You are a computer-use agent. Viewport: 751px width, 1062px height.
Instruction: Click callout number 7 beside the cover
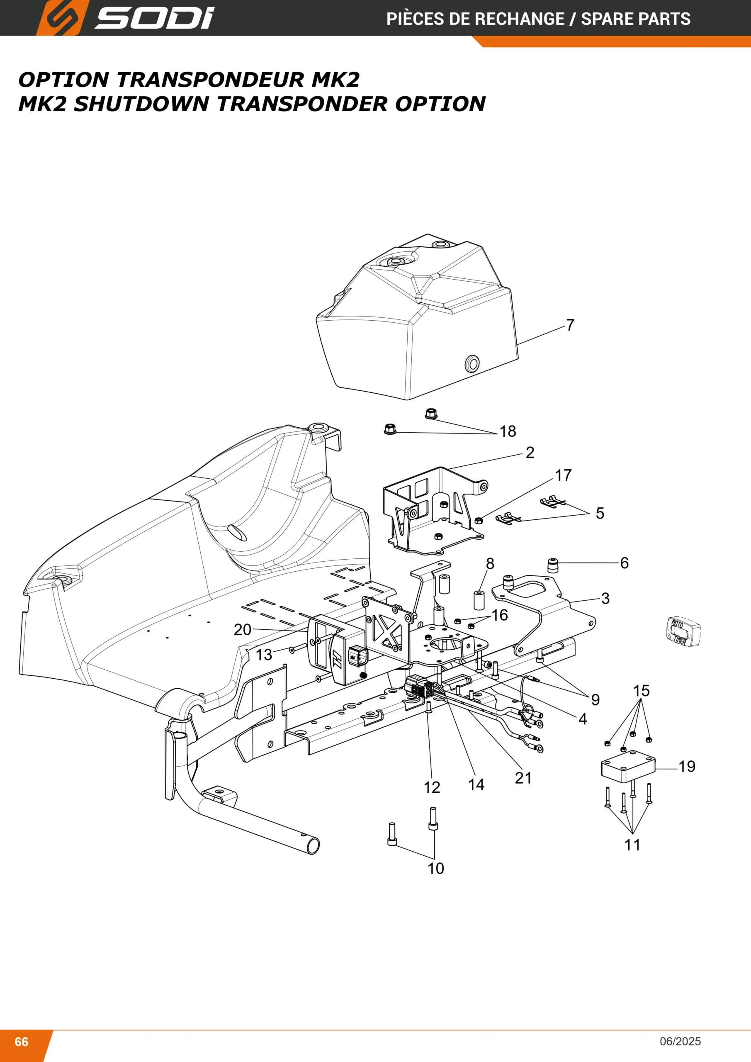tap(570, 325)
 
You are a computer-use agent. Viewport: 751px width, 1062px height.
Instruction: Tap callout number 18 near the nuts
tap(508, 431)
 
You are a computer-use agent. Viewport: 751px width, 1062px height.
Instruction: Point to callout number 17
tap(563, 475)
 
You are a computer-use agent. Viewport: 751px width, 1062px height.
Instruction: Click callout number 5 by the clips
tap(600, 513)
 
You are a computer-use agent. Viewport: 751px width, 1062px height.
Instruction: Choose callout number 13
tap(264, 655)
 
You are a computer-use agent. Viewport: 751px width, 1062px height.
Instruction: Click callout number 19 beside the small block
tap(687, 767)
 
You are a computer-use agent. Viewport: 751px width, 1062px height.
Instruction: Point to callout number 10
tap(435, 869)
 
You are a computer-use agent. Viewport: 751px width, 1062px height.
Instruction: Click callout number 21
tap(523, 778)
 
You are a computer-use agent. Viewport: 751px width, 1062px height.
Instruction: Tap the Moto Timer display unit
tap(684, 631)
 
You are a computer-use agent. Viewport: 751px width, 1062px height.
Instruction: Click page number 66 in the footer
tap(22, 1041)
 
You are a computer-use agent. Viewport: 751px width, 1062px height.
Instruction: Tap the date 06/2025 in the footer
tap(680, 1041)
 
